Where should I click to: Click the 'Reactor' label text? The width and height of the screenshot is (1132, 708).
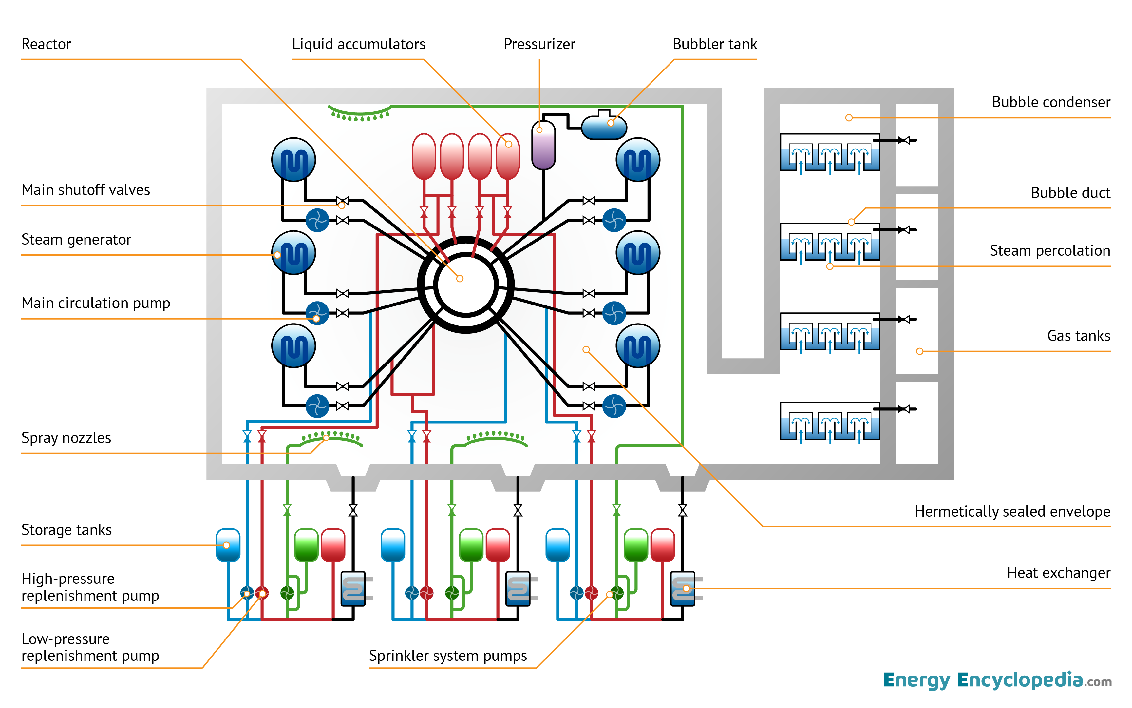[x=46, y=44]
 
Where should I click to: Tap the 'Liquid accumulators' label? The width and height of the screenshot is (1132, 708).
[x=358, y=44]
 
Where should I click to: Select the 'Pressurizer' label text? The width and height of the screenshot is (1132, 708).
[x=539, y=44]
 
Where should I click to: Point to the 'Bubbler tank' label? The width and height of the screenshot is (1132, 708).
[x=714, y=44]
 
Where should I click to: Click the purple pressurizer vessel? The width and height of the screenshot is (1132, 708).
[x=543, y=145]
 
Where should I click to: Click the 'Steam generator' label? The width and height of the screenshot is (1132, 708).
[x=76, y=239]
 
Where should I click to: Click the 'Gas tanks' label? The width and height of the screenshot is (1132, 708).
[x=1078, y=336]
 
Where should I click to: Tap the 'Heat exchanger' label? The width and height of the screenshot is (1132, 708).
[x=1058, y=573]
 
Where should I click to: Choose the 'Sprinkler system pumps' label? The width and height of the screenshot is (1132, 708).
[x=448, y=656]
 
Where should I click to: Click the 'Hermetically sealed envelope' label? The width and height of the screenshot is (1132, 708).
[x=1012, y=511]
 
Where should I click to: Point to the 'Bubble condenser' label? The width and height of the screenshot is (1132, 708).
[x=1051, y=102]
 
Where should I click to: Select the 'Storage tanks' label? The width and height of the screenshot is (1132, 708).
[x=66, y=530]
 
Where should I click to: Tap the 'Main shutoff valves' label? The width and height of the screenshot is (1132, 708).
[x=85, y=190]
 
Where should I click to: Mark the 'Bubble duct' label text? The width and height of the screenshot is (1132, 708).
[x=1070, y=193]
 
